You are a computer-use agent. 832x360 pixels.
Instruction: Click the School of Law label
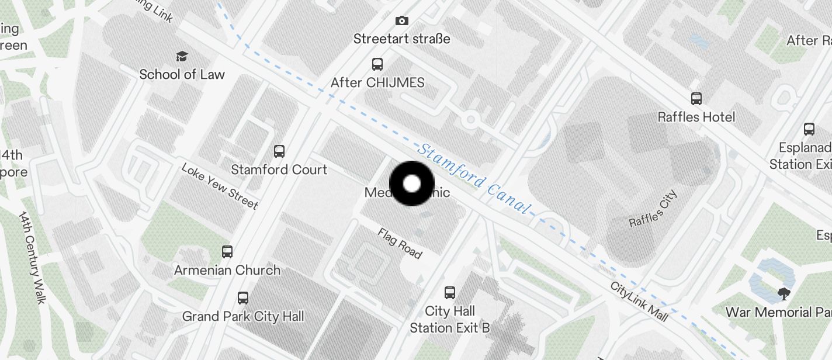(182, 74)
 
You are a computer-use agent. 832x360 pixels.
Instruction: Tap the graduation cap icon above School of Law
(182, 57)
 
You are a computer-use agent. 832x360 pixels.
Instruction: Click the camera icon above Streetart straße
(402, 21)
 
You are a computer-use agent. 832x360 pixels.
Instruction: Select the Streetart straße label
(402, 39)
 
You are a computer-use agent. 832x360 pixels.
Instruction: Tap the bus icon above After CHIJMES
(377, 64)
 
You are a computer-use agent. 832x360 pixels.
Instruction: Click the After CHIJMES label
(377, 82)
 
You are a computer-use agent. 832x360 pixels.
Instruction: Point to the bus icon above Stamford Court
(279, 151)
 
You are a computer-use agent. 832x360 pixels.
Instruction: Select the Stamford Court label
(279, 169)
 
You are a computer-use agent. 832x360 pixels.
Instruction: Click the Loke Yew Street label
(220, 186)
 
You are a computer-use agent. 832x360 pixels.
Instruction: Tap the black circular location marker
(412, 184)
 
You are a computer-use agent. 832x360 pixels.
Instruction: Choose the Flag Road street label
(400, 243)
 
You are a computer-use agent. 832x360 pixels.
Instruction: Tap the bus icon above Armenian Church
(227, 252)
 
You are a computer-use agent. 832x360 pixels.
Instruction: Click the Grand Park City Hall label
(243, 317)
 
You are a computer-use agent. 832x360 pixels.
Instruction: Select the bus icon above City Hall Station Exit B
(450, 293)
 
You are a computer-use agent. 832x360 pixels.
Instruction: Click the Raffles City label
(653, 208)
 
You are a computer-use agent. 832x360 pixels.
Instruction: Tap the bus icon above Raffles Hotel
(696, 98)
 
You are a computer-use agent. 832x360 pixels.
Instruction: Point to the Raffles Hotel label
(696, 117)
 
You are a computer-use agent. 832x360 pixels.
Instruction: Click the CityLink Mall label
(639, 302)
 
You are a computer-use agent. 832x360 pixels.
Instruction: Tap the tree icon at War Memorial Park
(784, 293)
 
